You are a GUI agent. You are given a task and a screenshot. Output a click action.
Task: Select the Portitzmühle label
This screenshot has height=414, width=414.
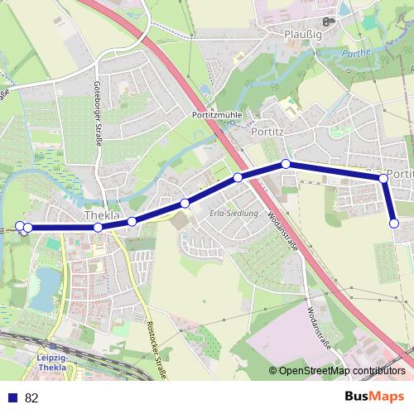pyautogui.click(x=217, y=115)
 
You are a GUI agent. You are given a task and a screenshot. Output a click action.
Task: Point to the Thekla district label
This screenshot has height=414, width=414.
pyautogui.click(x=102, y=216)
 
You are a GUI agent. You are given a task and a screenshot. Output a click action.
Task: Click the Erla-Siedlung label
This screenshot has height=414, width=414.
pyautogui.click(x=230, y=213)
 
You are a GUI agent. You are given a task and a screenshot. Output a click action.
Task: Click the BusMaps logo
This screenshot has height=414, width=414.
pyautogui.click(x=374, y=397)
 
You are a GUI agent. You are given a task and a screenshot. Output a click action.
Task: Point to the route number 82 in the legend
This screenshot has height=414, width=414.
pyautogui.click(x=31, y=397)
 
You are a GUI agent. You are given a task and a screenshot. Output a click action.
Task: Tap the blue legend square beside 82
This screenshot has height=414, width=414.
pyautogui.click(x=12, y=397)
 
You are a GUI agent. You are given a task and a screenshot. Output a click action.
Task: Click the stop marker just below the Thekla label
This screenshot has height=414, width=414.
pyautogui.click(x=98, y=228)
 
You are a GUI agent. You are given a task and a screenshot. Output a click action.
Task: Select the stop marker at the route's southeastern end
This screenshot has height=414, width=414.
pyautogui.click(x=394, y=223)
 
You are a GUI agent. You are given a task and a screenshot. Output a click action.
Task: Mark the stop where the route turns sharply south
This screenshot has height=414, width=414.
pyautogui.click(x=383, y=178)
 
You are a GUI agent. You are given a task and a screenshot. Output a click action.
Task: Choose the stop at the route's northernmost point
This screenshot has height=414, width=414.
pyautogui.click(x=286, y=164)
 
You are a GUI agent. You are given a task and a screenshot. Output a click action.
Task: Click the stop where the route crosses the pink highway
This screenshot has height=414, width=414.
pyautogui.click(x=238, y=177)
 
